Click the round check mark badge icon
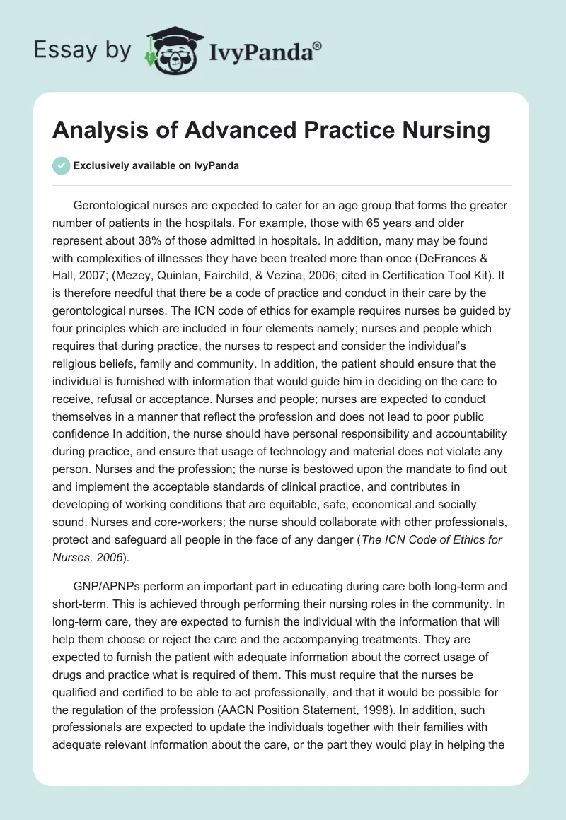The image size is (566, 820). tap(62, 165)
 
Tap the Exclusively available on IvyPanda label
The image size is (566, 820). tap(156, 166)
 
